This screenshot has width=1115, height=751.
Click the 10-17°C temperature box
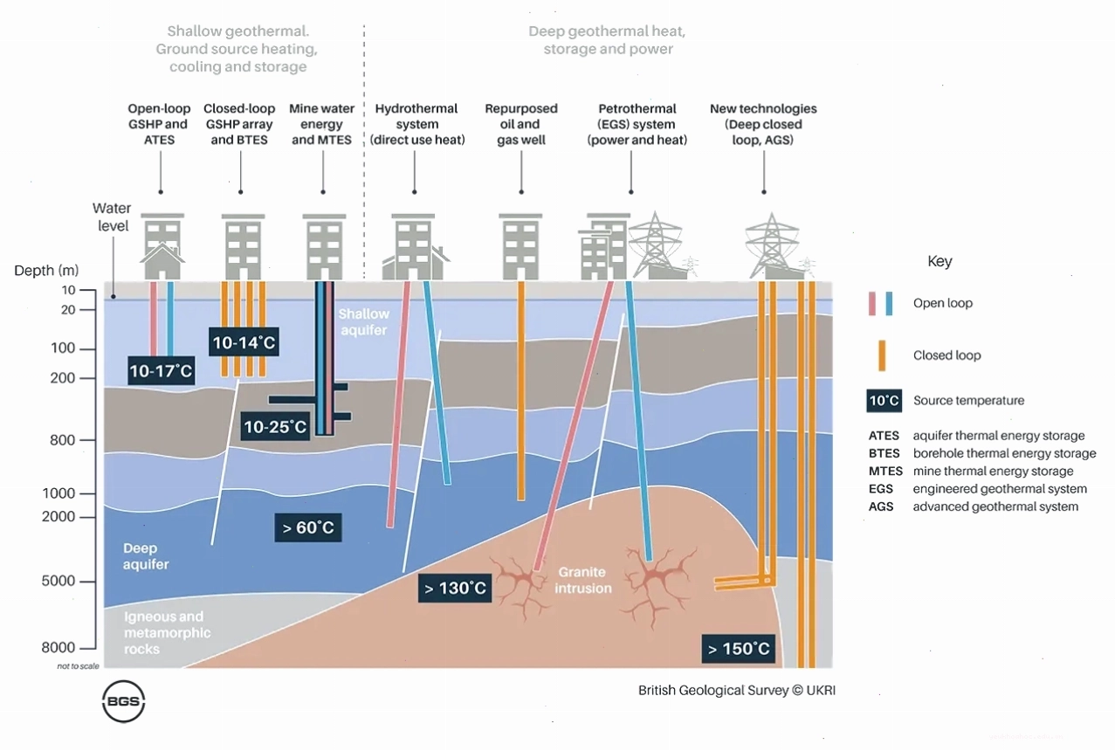[x=161, y=370]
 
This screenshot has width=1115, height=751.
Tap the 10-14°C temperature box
[x=244, y=341]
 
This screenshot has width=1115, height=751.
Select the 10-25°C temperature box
[x=275, y=426]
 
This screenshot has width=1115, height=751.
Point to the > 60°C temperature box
[x=308, y=527]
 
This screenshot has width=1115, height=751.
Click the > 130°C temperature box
[x=455, y=588]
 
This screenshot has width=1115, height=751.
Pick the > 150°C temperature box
[x=738, y=649]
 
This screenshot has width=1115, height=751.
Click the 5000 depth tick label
[x=59, y=581]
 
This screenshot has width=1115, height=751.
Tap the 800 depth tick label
[x=62, y=440]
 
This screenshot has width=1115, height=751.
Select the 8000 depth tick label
[x=59, y=647]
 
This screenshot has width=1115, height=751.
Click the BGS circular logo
[x=123, y=701]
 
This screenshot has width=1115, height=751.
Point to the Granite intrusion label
[x=583, y=580]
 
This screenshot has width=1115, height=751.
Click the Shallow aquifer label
[x=364, y=322]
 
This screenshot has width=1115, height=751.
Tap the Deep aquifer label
[x=146, y=556]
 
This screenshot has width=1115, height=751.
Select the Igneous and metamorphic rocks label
[x=168, y=632]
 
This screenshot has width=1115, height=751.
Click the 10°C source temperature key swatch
[x=884, y=401]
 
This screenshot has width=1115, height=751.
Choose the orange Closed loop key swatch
[x=882, y=355]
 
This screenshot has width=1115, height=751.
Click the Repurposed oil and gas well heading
[x=521, y=124]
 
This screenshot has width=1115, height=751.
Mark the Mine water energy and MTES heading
[x=321, y=124]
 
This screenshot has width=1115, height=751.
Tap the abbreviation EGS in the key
[x=880, y=489]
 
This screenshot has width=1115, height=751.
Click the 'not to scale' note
[x=79, y=666]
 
